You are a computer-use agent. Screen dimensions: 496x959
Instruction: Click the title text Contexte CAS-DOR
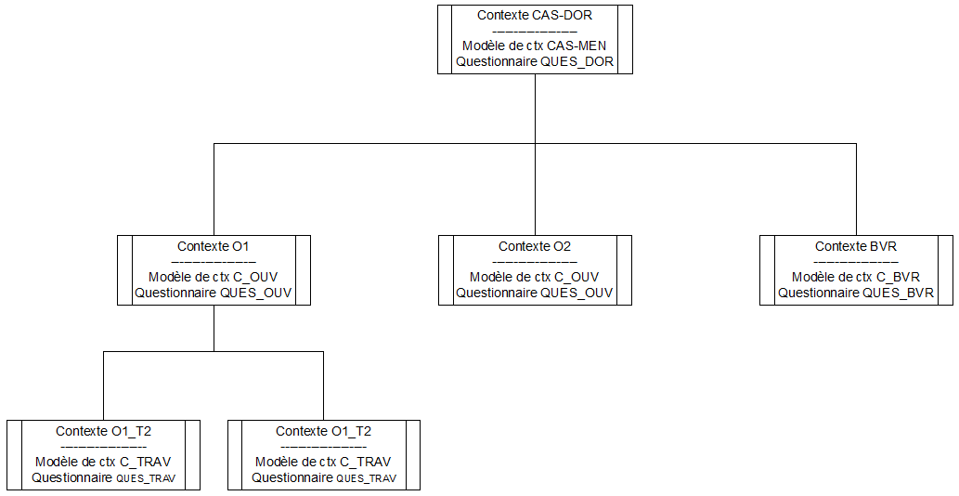point(535,16)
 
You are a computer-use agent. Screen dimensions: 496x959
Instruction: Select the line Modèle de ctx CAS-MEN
point(535,46)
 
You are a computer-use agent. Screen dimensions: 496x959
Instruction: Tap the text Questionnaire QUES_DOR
point(535,61)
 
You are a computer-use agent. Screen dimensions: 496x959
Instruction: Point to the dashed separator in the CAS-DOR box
point(535,32)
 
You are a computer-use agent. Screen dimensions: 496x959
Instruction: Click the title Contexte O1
point(214,247)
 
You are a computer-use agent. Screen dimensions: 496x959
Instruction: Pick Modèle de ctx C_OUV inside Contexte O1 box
point(214,277)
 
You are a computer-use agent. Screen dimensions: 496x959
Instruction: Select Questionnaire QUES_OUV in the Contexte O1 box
point(214,293)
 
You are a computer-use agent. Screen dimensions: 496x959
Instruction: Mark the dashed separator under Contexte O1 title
point(214,263)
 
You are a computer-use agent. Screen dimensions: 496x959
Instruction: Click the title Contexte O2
point(535,247)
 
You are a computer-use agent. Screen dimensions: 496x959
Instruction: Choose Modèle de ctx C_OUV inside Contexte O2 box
point(535,277)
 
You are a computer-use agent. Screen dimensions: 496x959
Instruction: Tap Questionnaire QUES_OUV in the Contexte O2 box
point(535,293)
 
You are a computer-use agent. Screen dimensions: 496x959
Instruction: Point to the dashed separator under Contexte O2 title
point(535,263)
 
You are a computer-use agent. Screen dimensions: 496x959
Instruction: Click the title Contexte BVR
point(856,247)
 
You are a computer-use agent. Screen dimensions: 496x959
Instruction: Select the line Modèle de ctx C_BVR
point(856,277)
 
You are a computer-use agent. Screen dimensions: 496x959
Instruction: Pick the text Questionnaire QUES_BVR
point(856,293)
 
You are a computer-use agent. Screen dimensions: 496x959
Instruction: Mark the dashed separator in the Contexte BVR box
point(856,263)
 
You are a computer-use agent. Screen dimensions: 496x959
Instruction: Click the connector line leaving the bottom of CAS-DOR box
point(535,107)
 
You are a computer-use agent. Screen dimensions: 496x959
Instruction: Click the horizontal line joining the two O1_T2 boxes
point(214,352)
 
